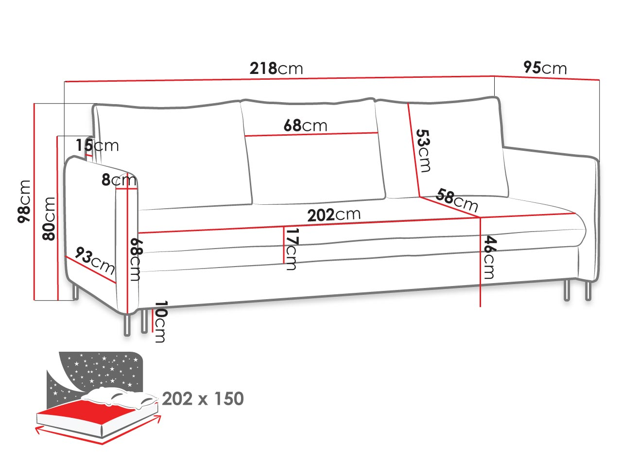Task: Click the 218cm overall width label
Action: [276, 68]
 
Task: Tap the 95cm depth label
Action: [545, 68]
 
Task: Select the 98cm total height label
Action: [24, 201]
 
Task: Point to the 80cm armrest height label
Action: [49, 219]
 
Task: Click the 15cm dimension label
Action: [97, 145]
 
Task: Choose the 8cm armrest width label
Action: [119, 180]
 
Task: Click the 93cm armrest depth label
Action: [95, 260]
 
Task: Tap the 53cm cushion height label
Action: [424, 151]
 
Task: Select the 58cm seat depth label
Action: [457, 200]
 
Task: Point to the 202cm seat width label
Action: [334, 215]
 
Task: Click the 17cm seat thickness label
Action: [291, 249]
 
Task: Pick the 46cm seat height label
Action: [489, 257]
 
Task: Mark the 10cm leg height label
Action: [160, 322]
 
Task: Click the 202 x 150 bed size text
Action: [203, 399]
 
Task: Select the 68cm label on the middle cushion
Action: [305, 126]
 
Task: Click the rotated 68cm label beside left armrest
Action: [135, 259]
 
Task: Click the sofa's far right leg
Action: [588, 291]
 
